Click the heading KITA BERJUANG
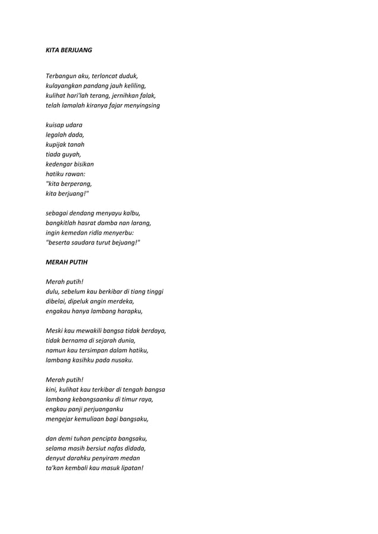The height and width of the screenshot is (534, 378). coord(69,50)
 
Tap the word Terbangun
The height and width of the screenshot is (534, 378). coord(60,76)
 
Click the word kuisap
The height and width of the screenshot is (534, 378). coord(55,124)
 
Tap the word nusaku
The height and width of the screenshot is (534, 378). coord(121,359)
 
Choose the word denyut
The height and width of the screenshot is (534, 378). coord(55,458)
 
